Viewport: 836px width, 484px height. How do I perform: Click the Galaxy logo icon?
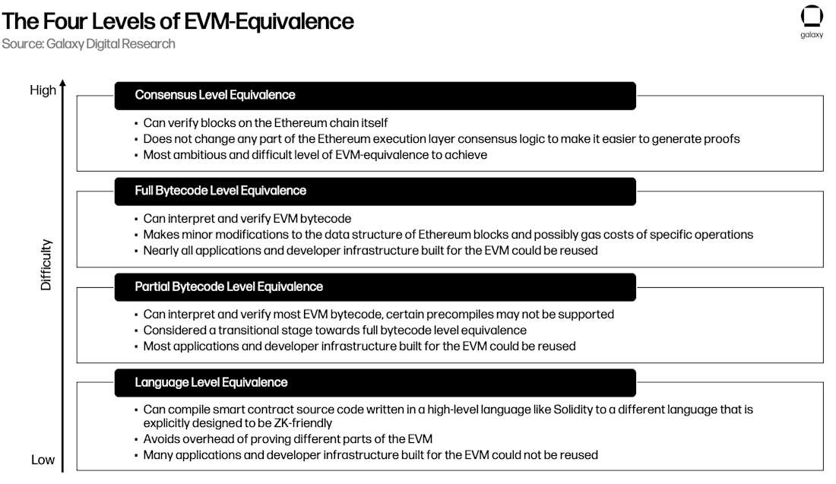click(x=812, y=16)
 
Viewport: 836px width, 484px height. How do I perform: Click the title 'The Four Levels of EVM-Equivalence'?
click(x=178, y=21)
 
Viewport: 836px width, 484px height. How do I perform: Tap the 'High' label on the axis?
click(x=43, y=90)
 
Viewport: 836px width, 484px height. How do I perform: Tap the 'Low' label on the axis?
click(x=43, y=460)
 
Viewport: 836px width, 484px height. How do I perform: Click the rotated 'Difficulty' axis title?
click(x=46, y=265)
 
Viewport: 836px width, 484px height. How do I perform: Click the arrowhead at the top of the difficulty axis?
click(x=63, y=83)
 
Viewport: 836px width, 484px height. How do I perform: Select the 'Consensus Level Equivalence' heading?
click(x=215, y=95)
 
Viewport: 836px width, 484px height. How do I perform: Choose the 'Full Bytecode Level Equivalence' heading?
click(x=220, y=191)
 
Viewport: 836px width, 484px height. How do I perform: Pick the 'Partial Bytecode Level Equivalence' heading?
click(x=229, y=286)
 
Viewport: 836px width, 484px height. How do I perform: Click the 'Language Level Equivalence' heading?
click(x=211, y=382)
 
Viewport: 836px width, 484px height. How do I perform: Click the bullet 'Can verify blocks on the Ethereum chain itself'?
click(x=265, y=122)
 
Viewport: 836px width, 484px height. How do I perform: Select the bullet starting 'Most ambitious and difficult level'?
click(x=315, y=154)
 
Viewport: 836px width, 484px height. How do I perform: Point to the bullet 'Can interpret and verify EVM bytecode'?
click(x=247, y=219)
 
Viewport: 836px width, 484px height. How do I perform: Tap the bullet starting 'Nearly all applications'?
click(x=371, y=251)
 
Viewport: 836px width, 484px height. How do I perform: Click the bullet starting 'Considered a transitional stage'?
click(x=335, y=330)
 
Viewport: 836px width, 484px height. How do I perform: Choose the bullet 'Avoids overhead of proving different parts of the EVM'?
click(x=288, y=438)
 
